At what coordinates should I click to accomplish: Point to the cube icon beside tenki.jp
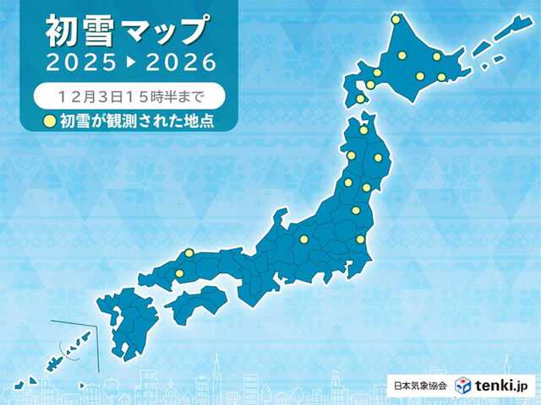coord(463,386)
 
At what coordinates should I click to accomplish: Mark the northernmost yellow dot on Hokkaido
coord(395,19)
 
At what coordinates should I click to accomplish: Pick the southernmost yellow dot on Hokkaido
coord(361,99)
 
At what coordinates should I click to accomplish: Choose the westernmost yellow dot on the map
coord(179,273)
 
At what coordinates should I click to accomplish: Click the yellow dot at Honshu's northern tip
coord(364,130)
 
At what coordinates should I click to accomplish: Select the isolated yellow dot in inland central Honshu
coord(303,240)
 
